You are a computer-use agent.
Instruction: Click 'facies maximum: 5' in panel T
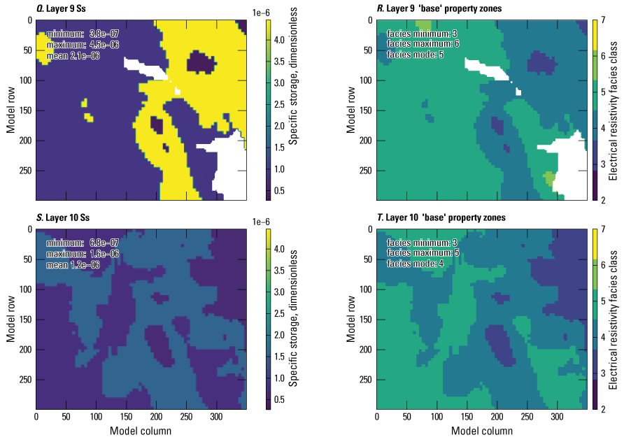pos(423,254)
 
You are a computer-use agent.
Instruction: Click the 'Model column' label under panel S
pos(141,431)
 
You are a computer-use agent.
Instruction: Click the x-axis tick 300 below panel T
pos(557,417)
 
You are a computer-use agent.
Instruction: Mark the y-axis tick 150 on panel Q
pos(24,110)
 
